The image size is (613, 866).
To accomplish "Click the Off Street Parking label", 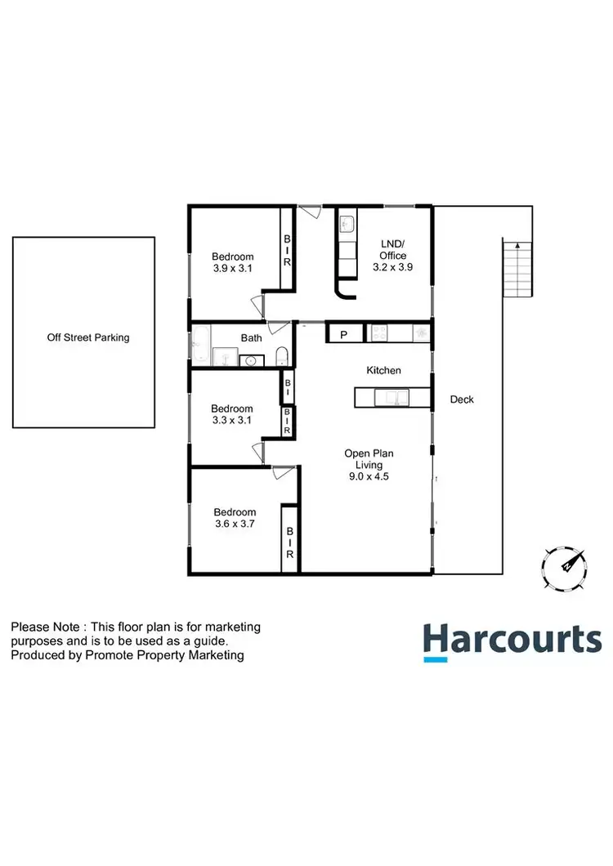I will pos(88,337).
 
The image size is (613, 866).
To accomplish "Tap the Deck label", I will pos(462,400).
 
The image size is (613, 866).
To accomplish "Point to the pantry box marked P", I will pos(344,333).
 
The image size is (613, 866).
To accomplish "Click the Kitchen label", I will pos(383,371).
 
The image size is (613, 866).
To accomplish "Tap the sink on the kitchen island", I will pos(391,398).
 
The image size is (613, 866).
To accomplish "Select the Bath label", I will pos(251,337).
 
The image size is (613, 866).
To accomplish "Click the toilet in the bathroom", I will pos(280,356).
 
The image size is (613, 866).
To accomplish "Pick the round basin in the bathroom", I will pos(251,359).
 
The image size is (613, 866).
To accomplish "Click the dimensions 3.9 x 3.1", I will pos(232,268).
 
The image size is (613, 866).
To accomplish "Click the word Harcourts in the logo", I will pos(512,638).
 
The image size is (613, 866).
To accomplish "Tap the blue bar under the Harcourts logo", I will pos(436,658).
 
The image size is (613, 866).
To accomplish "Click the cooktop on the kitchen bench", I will pos(380,333).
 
